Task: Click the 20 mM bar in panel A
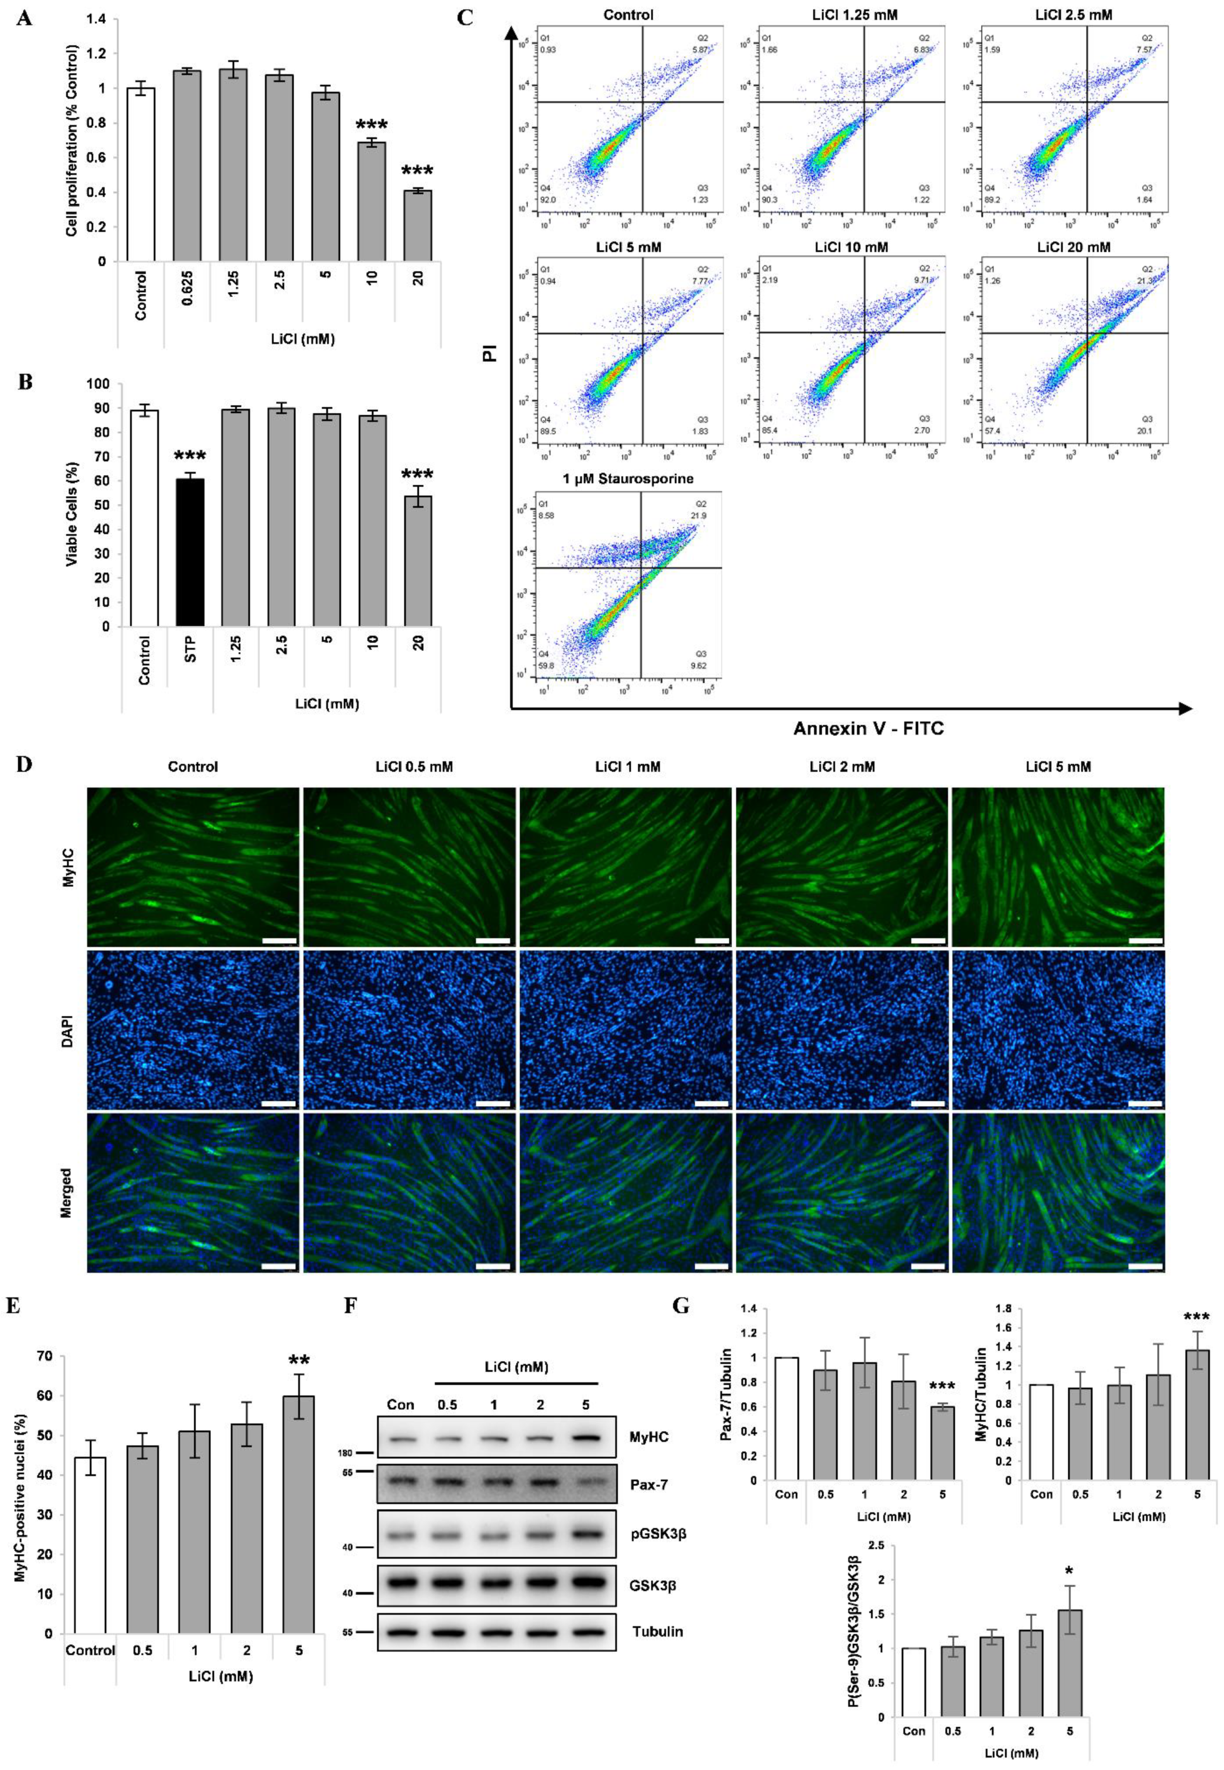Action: (418, 225)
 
